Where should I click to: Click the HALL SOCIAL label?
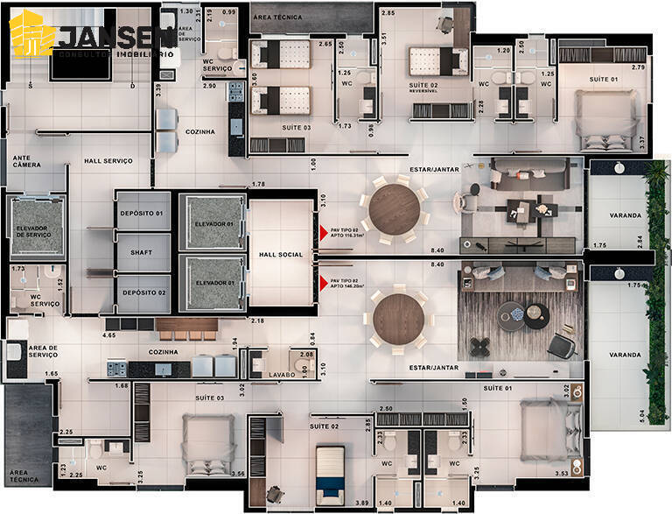pos(280,255)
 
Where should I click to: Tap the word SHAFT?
pos(142,252)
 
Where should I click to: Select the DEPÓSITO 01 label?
pos(142,214)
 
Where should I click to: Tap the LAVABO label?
pos(281,375)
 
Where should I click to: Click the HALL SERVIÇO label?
pos(108,161)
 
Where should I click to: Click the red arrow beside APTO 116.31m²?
pos(324,234)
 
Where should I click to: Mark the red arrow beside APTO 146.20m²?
pos(324,283)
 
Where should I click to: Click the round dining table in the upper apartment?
pos(395,208)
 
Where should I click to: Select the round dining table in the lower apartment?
pos(398,320)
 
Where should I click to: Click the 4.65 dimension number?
pos(110,334)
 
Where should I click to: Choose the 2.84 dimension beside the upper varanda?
pos(641,240)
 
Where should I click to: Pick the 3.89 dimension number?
pos(363,502)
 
